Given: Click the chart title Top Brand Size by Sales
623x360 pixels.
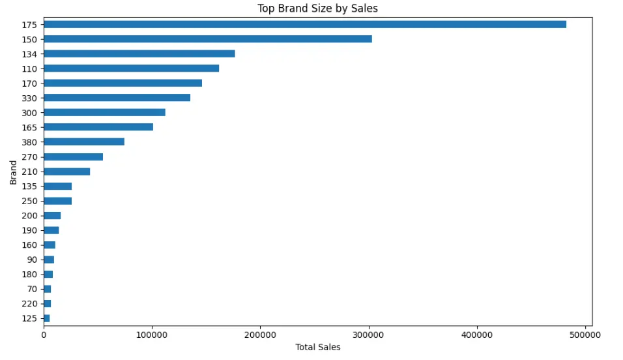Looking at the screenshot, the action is coord(317,8).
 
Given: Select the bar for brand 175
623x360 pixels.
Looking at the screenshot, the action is coord(305,25).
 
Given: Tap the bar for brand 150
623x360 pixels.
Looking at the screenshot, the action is coord(208,39).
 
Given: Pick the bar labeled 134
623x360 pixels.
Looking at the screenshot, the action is coord(139,53).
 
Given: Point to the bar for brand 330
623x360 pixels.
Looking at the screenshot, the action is coord(117,98).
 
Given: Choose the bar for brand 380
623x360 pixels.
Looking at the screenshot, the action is coord(84,142).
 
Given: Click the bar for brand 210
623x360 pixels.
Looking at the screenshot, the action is coord(67,172).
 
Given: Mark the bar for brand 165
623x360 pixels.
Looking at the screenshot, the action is coord(98,127).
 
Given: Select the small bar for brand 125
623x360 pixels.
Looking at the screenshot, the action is coord(47,318).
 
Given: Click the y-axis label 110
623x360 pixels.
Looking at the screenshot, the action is coord(29,69).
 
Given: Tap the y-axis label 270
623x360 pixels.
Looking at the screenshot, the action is coord(29,157).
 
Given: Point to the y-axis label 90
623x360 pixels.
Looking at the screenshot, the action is coord(32,260).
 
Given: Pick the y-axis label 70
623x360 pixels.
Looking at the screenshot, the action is coord(32,289).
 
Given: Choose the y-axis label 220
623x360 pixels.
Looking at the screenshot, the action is coord(29,304).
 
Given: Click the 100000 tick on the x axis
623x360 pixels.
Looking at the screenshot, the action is coord(152,335).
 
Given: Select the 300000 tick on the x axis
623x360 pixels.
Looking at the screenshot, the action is coord(369,335).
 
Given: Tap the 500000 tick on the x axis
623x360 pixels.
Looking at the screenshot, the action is coord(585,335).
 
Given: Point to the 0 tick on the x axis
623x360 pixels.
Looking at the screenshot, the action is coord(44,335).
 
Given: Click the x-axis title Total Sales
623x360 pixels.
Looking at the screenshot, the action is coord(318,347).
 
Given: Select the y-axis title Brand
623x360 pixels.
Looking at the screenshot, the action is coord(13,173).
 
